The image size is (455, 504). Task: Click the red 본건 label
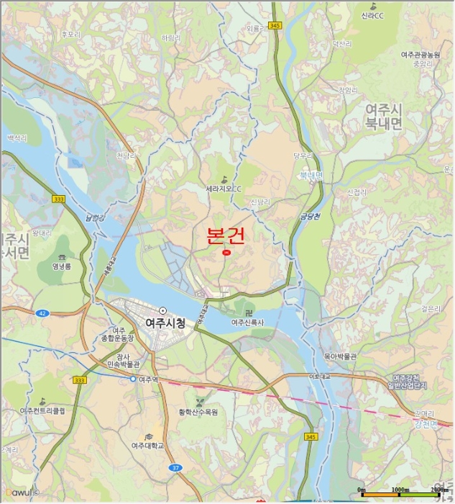pyautogui.click(x=226, y=236)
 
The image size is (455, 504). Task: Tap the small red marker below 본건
pyautogui.click(x=226, y=253)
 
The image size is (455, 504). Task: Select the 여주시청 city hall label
pyautogui.click(x=165, y=323)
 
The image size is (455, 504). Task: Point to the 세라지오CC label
pyautogui.click(x=224, y=189)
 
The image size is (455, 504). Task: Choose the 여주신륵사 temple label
pyautogui.click(x=249, y=323)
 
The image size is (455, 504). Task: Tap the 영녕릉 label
pyautogui.click(x=63, y=266)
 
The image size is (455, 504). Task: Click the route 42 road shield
pyautogui.click(x=42, y=313)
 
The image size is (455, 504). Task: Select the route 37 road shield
pyautogui.click(x=175, y=468)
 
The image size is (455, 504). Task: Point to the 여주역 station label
pyautogui.click(x=149, y=379)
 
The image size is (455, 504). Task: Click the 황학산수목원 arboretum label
pyautogui.click(x=198, y=412)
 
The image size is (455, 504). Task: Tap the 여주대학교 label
pyautogui.click(x=147, y=446)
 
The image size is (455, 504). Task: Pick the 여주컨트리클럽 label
pyautogui.click(x=42, y=410)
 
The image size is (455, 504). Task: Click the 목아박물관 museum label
pyautogui.click(x=340, y=356)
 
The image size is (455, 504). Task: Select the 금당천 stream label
pyautogui.click(x=310, y=215)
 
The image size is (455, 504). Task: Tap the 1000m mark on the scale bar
pyautogui.click(x=400, y=490)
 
